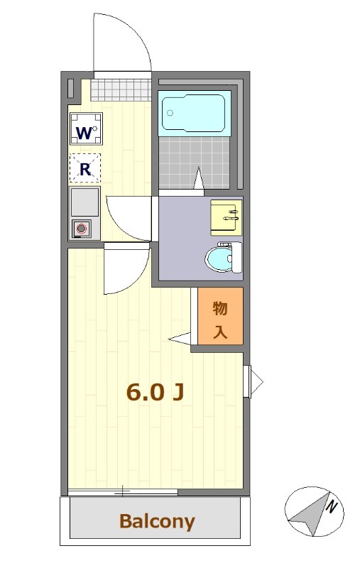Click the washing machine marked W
85,129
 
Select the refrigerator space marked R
85,168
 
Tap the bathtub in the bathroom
194,111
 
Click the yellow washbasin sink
226,216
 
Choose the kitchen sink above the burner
84,202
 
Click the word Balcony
156,522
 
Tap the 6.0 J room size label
155,391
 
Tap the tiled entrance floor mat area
121,89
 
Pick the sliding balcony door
122,491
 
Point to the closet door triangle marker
180,338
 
